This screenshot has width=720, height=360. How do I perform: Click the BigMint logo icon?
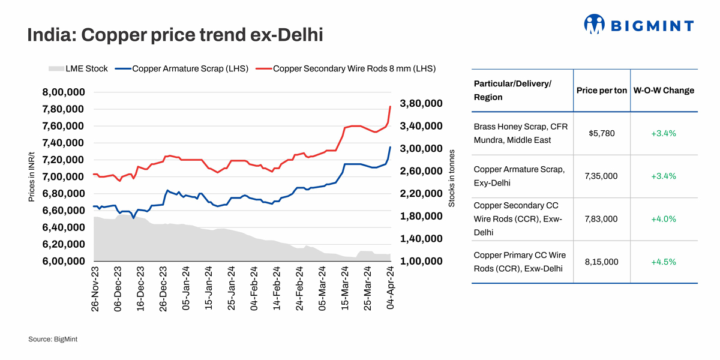pos(594,24)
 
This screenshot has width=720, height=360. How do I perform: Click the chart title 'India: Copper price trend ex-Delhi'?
pos(175,35)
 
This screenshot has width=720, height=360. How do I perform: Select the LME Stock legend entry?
pos(79,68)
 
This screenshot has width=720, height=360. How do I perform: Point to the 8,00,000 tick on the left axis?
pos(62,92)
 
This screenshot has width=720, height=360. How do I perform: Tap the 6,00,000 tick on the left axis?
pos(62,262)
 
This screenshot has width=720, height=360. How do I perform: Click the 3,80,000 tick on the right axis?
pos(421,103)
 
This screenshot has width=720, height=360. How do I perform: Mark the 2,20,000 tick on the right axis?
pos(421,194)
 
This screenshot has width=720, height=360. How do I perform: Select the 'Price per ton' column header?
pos(601,91)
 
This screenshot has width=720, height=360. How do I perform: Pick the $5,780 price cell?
pos(601,133)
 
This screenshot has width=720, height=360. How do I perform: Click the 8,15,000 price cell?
pos(601,262)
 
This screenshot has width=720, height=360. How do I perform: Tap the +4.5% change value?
pos(664,262)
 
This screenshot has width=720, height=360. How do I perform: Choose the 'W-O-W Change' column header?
pos(664,91)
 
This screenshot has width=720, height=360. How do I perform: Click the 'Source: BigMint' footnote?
pos(53,340)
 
